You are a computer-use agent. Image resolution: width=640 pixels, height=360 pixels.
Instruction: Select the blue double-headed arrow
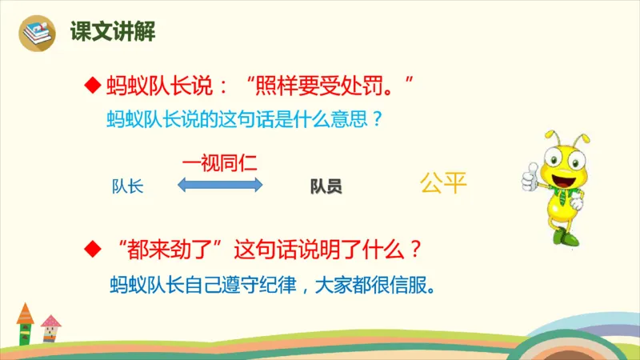tap(219, 186)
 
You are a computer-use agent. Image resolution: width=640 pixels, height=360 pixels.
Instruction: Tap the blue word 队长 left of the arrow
tap(128, 186)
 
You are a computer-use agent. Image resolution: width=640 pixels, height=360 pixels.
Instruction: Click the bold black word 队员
tap(326, 187)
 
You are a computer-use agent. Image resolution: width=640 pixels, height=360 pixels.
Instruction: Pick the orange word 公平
tap(442, 184)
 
